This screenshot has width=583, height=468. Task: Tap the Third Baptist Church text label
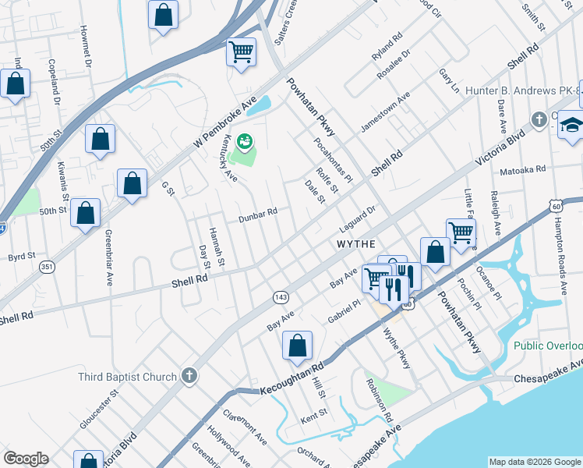coord(128,377)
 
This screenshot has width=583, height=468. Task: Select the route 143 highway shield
coord(281,297)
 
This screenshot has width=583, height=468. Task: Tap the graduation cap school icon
coord(571,125)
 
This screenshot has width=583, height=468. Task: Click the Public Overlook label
coord(548,346)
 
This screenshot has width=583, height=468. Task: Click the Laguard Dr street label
coord(358,219)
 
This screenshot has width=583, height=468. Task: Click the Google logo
coord(26,459)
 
